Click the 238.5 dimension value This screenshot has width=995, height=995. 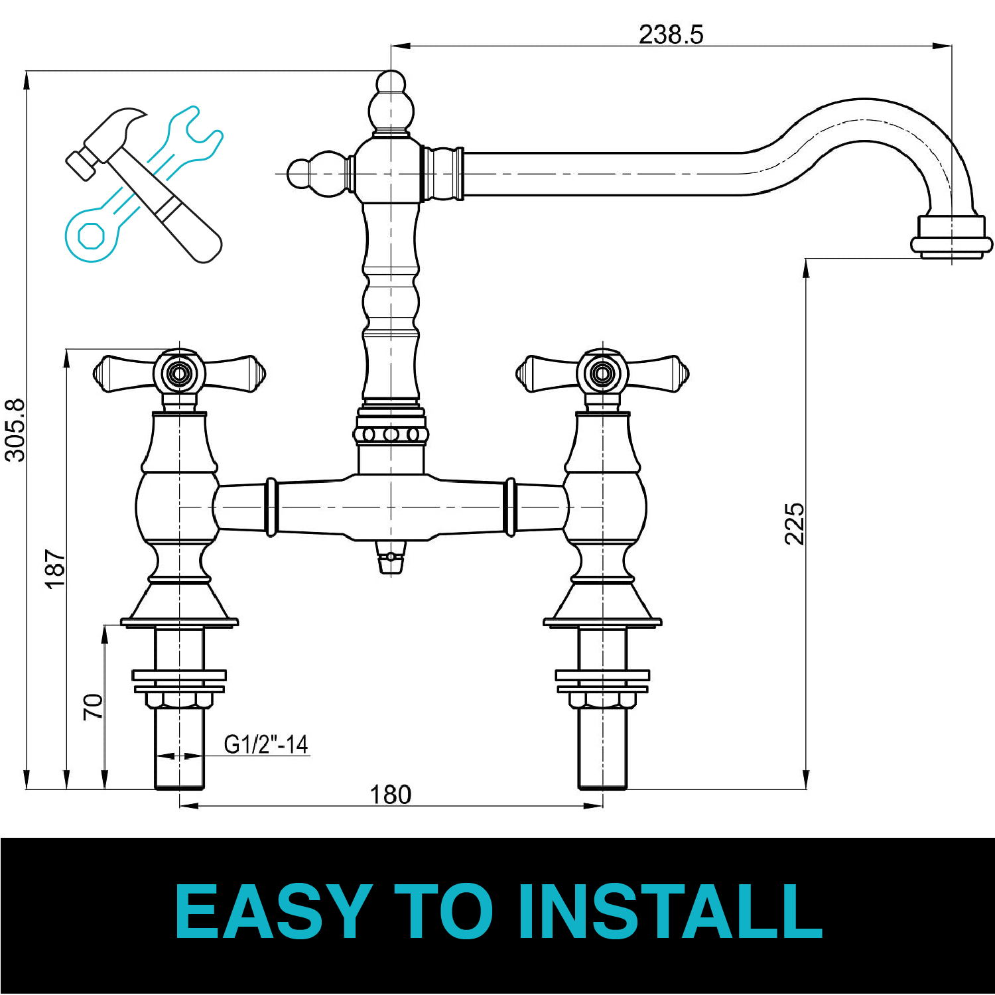(x=671, y=34)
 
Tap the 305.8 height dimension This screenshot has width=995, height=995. (x=15, y=430)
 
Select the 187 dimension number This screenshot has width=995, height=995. (x=55, y=568)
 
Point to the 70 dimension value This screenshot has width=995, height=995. (x=93, y=706)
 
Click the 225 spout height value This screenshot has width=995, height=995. (x=794, y=523)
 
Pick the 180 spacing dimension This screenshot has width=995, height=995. (x=390, y=794)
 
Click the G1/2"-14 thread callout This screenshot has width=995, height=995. (x=266, y=744)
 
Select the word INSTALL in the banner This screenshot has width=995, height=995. (x=670, y=911)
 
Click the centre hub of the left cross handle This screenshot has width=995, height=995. (x=178, y=373)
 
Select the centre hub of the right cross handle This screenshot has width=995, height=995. (x=602, y=373)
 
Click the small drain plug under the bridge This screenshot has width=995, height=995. (x=391, y=557)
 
